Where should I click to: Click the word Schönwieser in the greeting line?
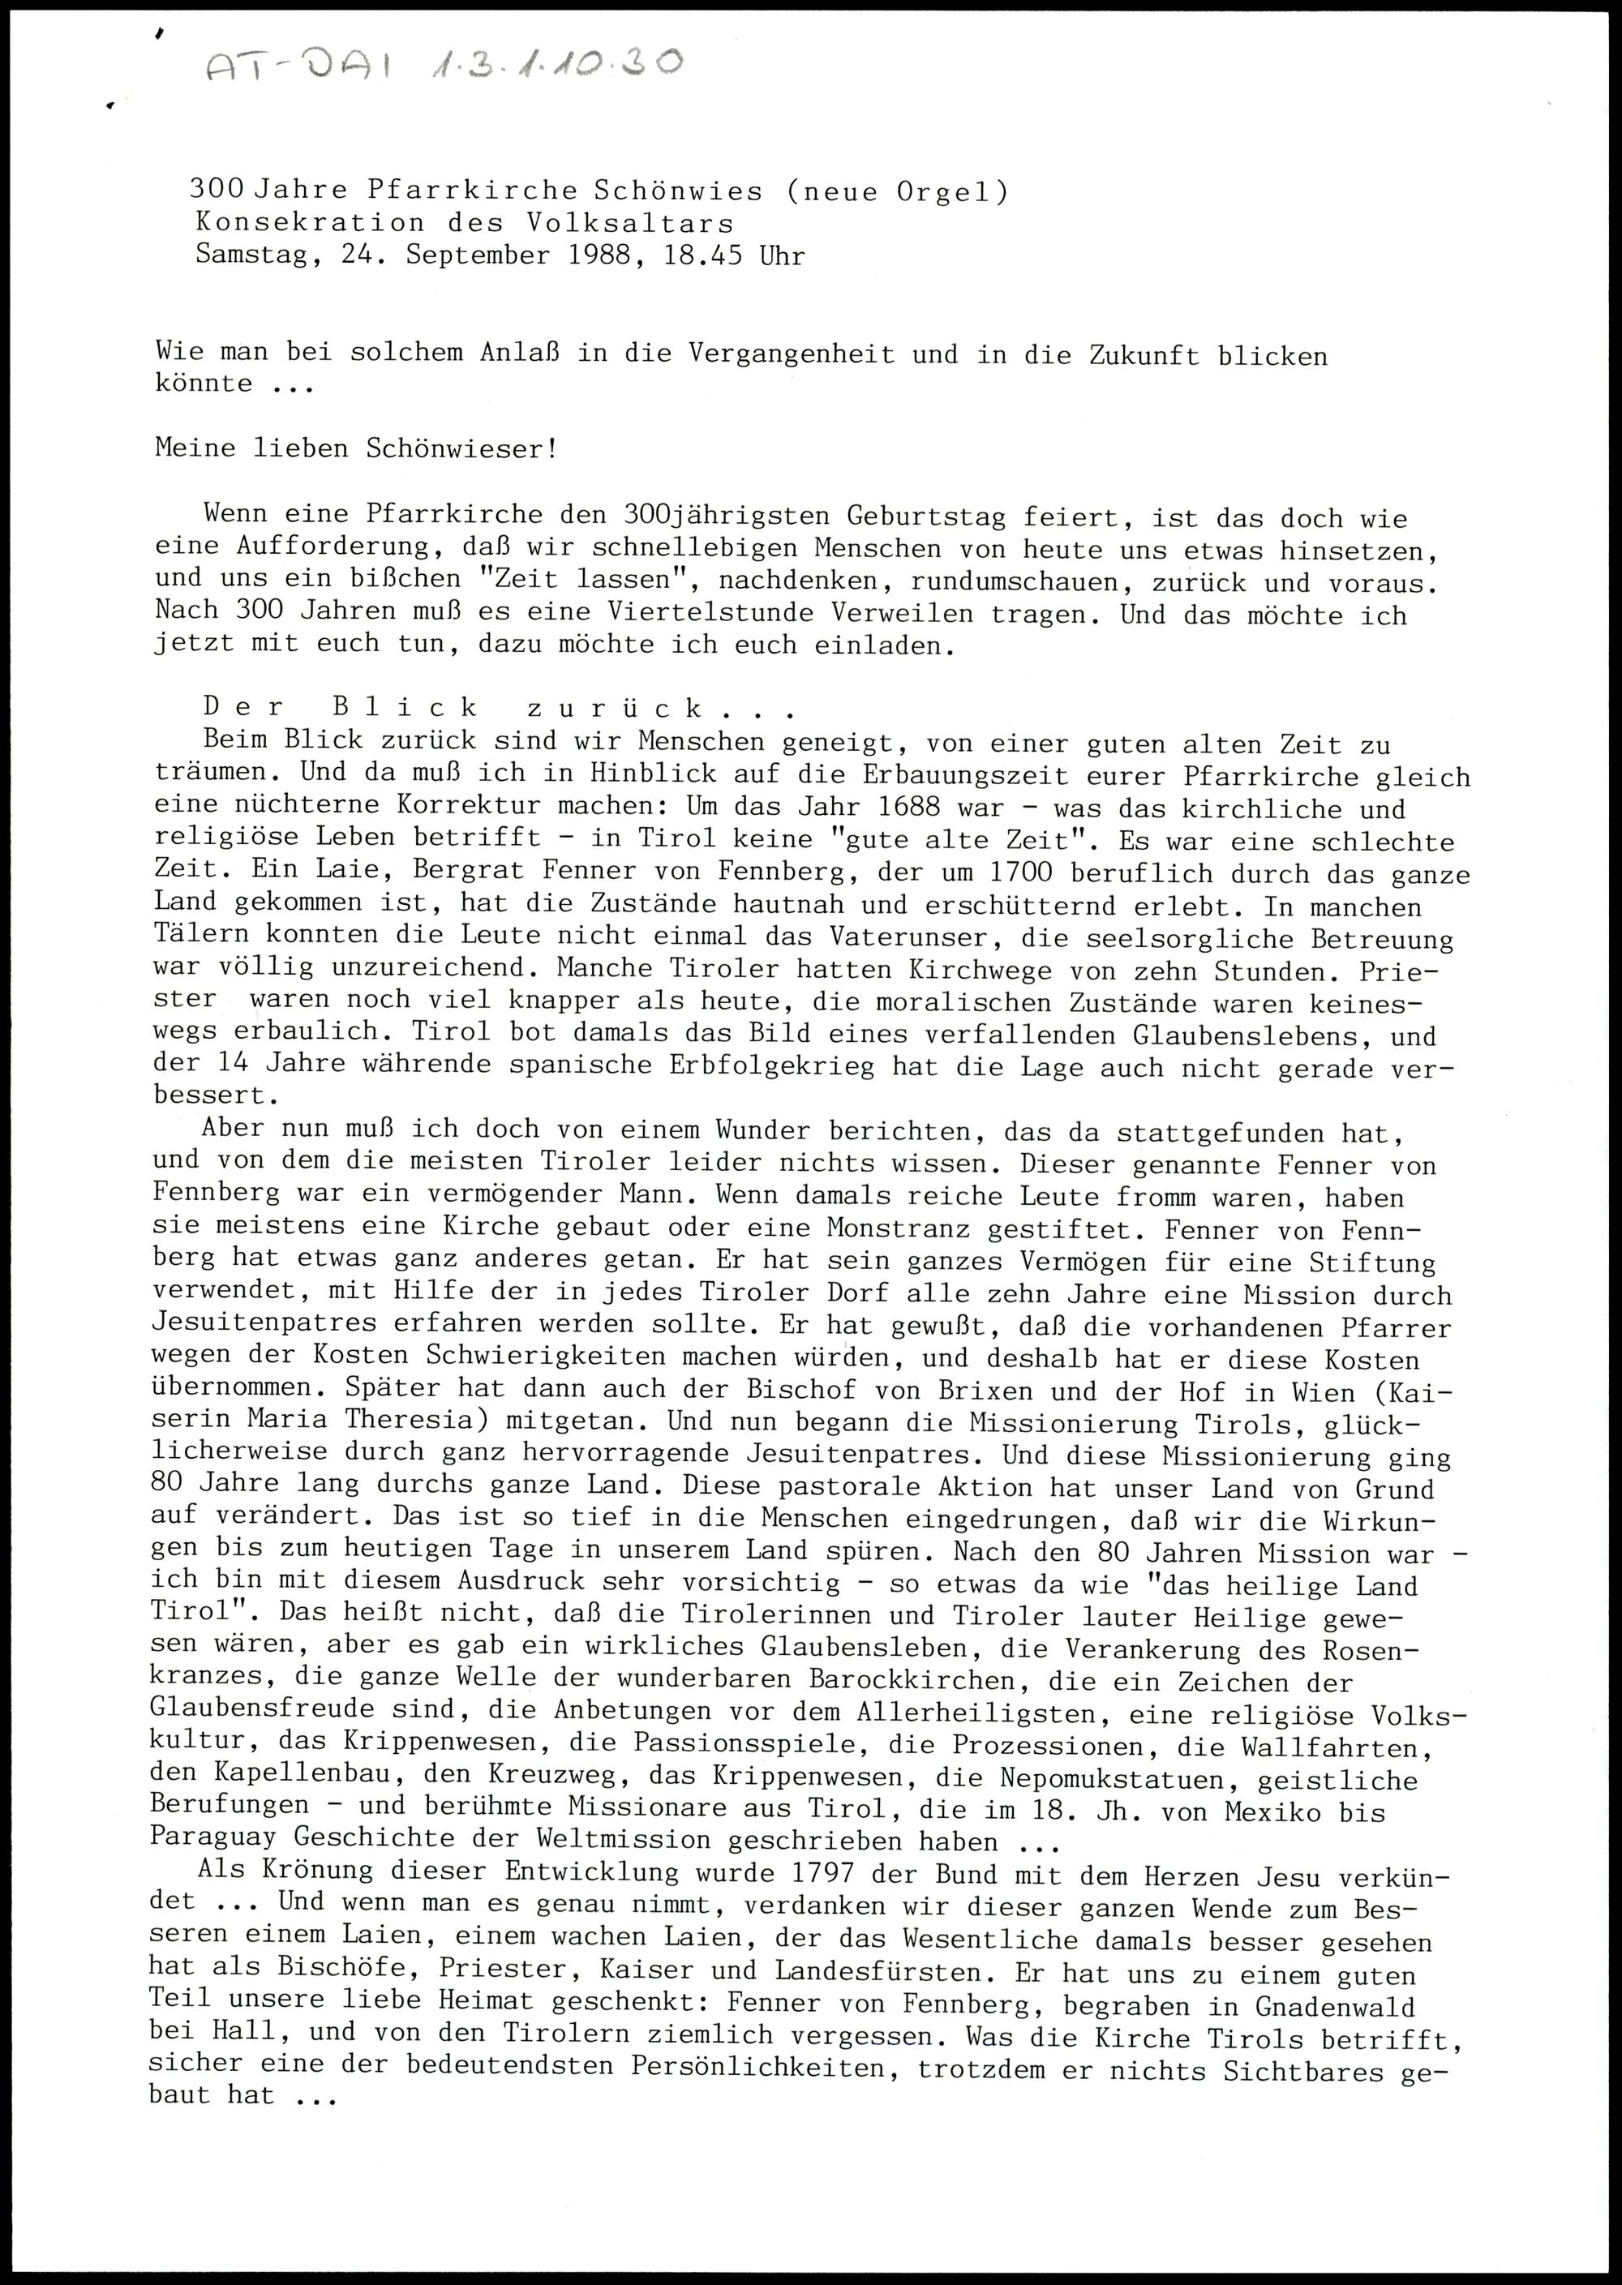pos(461,448)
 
